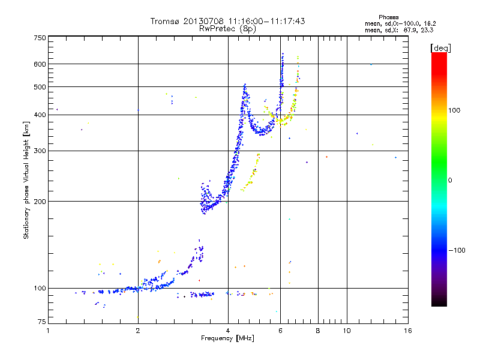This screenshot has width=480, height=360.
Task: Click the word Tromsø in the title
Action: [x=164, y=21]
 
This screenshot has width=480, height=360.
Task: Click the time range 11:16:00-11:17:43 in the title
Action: [x=266, y=21]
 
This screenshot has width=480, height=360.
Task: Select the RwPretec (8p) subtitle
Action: [x=227, y=29]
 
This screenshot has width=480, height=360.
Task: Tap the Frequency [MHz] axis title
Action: [x=227, y=338]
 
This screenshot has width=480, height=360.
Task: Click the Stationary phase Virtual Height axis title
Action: [x=26, y=181]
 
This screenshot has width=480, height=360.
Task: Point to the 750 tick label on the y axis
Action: [x=40, y=38]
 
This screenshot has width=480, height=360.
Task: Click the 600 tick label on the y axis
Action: [x=40, y=64]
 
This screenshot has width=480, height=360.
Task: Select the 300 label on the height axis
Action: [x=40, y=151]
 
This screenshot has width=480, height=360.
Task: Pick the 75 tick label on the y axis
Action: [x=41, y=322]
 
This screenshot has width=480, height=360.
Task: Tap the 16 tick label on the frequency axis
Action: [x=408, y=331]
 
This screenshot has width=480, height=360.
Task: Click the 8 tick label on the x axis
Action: [x=318, y=331]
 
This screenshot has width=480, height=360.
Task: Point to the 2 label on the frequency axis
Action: [x=138, y=331]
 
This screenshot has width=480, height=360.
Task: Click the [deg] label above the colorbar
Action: [x=440, y=48]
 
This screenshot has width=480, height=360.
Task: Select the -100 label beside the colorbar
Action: [x=457, y=250]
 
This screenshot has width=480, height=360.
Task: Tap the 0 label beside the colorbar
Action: [x=450, y=180]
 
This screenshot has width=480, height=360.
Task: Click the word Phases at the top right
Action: [x=388, y=17]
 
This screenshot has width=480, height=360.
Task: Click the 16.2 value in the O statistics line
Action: [x=430, y=23]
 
